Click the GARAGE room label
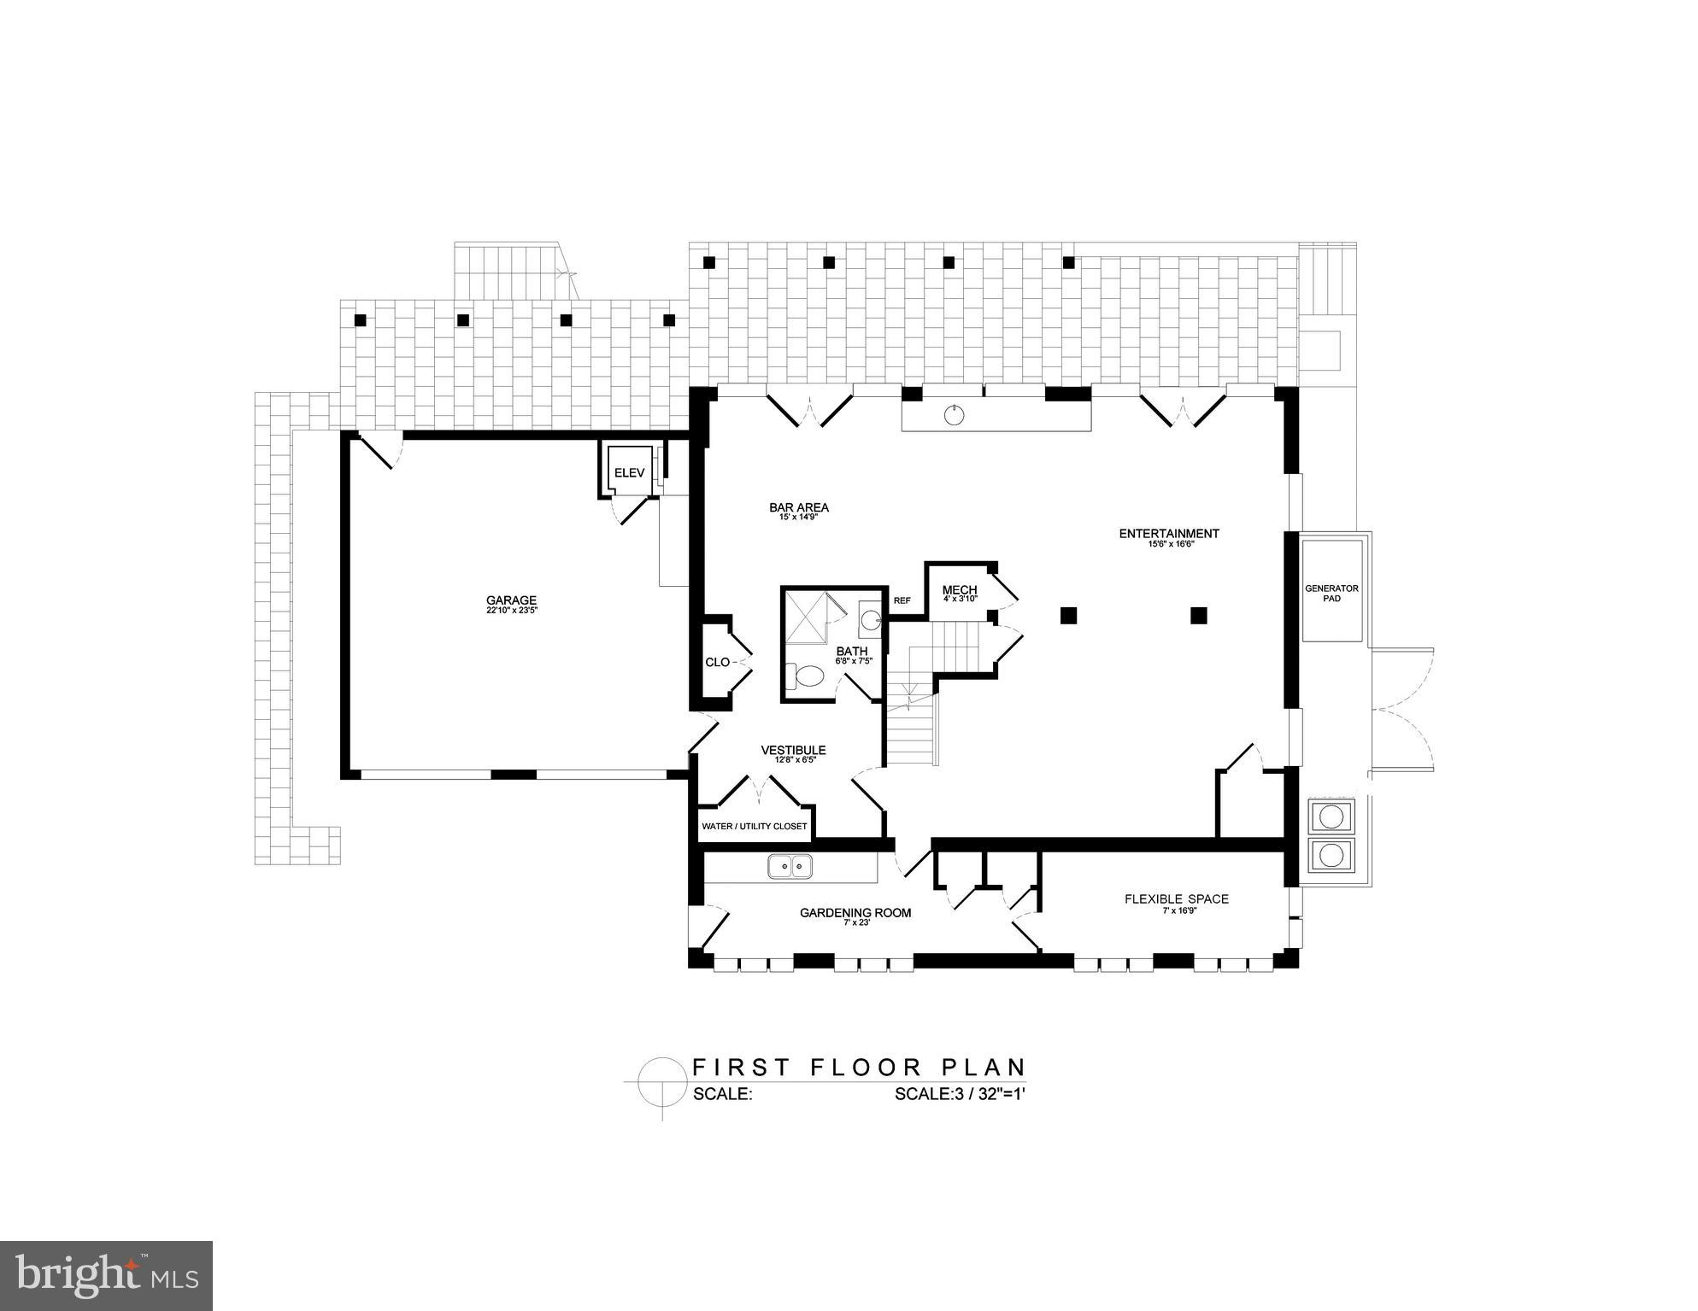[511, 600]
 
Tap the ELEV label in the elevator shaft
[629, 472]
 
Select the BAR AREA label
[798, 507]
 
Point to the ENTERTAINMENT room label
[1168, 534]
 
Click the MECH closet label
[959, 590]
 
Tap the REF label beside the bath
[902, 600]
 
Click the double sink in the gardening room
[790, 867]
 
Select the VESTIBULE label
[793, 751]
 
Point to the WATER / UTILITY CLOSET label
[754, 826]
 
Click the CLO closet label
[717, 662]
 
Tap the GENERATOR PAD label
[1331, 593]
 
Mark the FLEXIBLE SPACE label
[1176, 898]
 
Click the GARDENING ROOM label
[855, 913]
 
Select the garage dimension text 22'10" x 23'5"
[511, 611]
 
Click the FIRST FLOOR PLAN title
[858, 1067]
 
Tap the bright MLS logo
[106, 1276]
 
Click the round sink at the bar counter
[955, 416]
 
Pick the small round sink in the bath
[870, 620]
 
